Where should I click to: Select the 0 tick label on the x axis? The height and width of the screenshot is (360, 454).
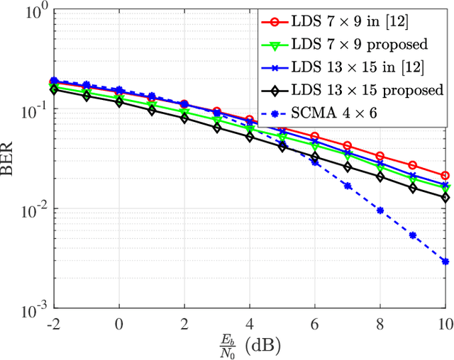[x=118, y=324]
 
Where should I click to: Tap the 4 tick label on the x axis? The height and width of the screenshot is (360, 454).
[x=249, y=324]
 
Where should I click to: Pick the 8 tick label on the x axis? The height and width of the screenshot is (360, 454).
[x=380, y=324]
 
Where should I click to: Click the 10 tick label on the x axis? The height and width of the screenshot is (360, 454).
[x=445, y=324]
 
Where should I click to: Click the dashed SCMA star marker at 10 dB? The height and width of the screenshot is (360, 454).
[x=445, y=261]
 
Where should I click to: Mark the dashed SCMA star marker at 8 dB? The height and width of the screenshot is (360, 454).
[x=380, y=210]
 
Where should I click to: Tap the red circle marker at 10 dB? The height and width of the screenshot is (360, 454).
[x=445, y=175]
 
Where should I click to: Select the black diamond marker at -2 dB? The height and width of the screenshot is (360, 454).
[x=53, y=90]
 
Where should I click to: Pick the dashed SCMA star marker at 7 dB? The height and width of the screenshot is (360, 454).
[x=347, y=186]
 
